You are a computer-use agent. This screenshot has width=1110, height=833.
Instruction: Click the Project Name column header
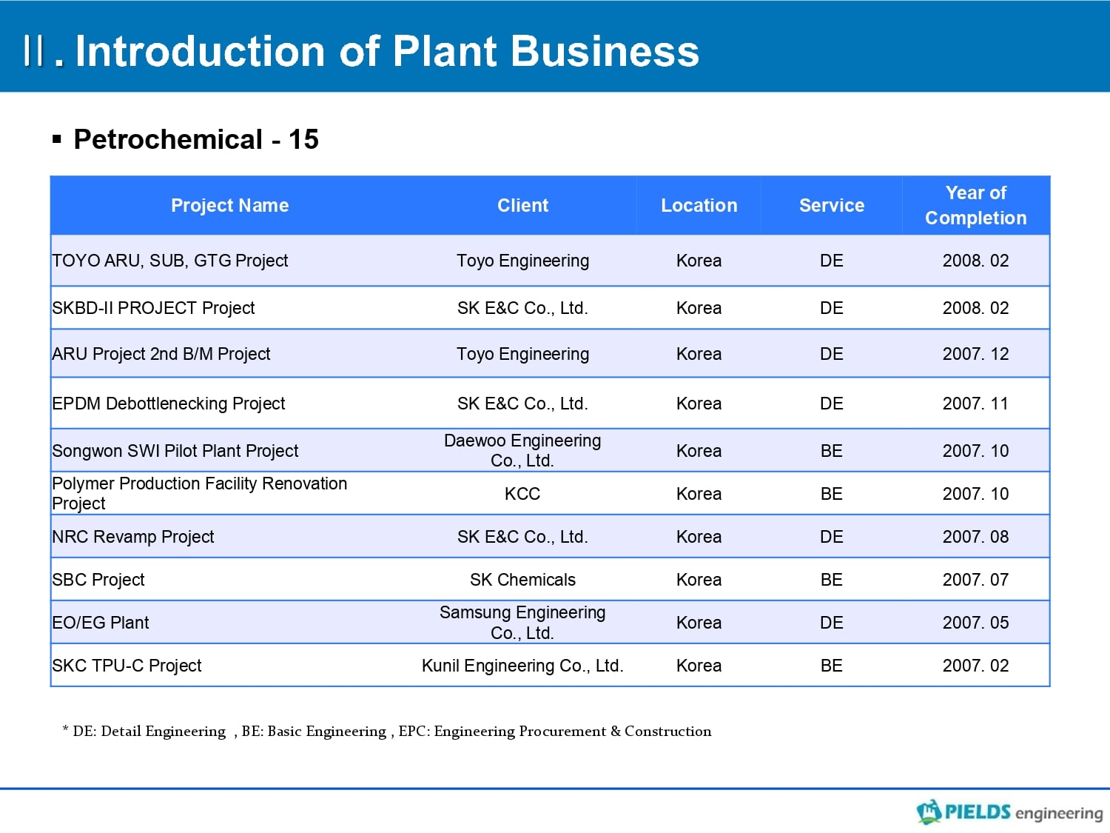229,205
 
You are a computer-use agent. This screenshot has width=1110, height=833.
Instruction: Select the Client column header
522,205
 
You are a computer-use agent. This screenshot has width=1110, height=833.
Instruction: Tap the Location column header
699,205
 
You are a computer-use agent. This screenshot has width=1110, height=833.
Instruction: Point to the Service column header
831,205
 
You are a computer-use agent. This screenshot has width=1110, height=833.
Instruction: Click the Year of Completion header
975,205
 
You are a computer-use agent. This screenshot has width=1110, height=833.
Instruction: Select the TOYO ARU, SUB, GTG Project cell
170,261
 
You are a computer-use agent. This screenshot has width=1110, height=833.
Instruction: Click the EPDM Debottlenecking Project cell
169,404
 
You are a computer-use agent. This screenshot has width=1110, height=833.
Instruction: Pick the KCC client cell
522,494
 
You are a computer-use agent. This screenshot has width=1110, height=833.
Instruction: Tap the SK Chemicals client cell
522,580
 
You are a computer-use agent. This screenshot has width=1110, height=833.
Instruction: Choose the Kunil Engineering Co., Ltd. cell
522,666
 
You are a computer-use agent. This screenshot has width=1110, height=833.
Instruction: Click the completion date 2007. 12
975,354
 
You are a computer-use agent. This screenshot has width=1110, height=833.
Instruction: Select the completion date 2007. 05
975,623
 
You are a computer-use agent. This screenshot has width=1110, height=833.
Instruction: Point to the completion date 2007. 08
975,537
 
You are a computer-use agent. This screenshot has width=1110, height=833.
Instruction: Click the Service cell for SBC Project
831,580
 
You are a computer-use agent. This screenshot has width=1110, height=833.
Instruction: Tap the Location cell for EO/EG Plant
699,623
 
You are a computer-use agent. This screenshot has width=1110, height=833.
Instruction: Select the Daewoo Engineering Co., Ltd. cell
522,451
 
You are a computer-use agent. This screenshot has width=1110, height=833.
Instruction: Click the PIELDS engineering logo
1009,812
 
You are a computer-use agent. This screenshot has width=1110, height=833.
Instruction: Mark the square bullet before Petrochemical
57,139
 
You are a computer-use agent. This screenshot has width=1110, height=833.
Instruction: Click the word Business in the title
605,51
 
